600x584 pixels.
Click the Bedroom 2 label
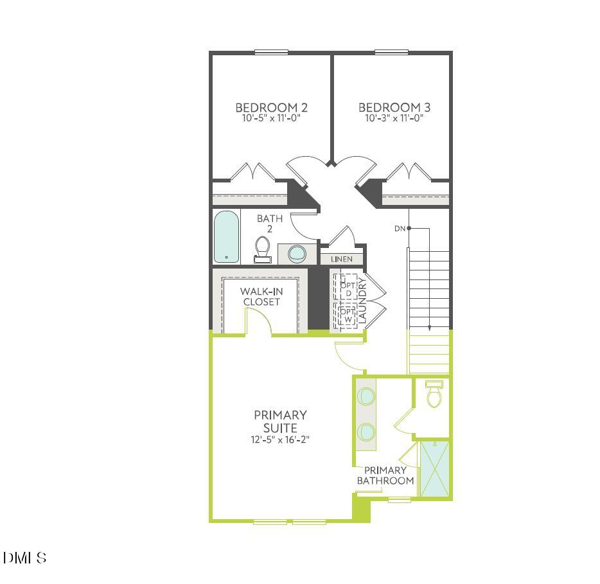point(267,107)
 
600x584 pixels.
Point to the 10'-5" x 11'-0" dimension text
point(267,118)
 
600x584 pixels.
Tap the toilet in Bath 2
point(263,249)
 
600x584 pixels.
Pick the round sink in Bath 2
point(297,253)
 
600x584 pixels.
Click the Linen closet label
point(342,259)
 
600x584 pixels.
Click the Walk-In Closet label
point(261,296)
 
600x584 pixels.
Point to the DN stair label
point(400,228)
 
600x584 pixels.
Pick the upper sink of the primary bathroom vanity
point(366,396)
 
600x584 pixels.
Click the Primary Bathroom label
point(385,475)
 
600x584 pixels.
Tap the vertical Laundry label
point(362,299)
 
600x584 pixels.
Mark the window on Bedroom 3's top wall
point(392,52)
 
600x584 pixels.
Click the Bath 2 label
point(270,224)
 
